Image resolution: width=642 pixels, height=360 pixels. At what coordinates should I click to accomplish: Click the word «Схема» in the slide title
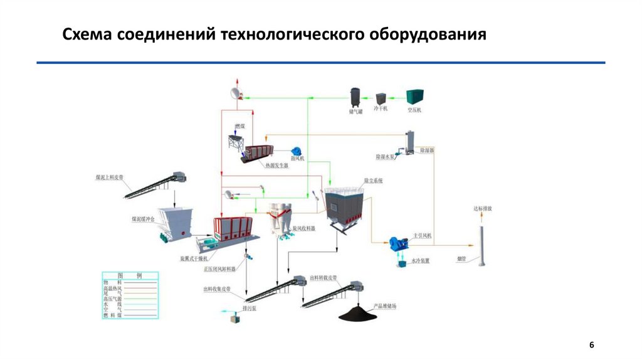pyautogui.click(x=85, y=34)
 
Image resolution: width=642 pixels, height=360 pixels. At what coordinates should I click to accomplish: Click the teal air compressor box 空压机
pyautogui.click(x=414, y=97)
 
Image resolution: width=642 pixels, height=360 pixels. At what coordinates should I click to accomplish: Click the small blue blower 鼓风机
pyautogui.click(x=296, y=152)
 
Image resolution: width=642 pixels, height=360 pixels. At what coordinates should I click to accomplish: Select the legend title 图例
pyautogui.click(x=130, y=276)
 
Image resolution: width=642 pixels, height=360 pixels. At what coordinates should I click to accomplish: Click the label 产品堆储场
pyautogui.click(x=385, y=307)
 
